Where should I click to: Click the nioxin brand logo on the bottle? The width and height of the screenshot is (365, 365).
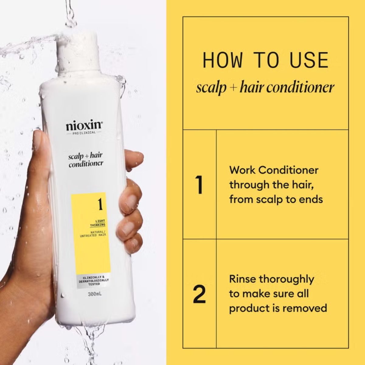pyautogui.click(x=84, y=126)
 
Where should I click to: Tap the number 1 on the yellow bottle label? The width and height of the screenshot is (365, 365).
pyautogui.click(x=99, y=204)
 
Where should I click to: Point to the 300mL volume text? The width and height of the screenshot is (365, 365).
pyautogui.click(x=94, y=294)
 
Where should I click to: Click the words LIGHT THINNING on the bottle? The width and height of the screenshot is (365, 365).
pyautogui.click(x=97, y=223)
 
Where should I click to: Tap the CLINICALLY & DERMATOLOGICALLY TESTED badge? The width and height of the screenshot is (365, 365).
pyautogui.click(x=94, y=280)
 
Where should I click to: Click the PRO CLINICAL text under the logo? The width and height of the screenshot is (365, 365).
pyautogui.click(x=84, y=133)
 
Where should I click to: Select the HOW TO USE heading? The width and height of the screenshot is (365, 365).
pyautogui.click(x=266, y=60)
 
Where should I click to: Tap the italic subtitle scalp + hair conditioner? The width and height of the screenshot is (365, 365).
pyautogui.click(x=265, y=87)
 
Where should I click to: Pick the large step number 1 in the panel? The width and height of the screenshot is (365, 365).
pyautogui.click(x=200, y=185)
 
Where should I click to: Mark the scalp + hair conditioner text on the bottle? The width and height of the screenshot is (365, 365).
pyautogui.click(x=85, y=160)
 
